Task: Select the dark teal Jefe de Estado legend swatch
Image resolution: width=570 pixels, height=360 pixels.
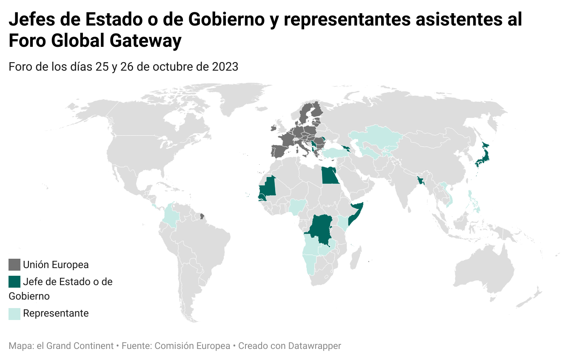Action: [x=15, y=282]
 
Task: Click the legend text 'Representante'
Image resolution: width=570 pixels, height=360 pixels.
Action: [x=56, y=314]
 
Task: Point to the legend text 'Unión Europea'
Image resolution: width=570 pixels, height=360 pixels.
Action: [x=56, y=265]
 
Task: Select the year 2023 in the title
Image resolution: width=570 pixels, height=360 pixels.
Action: [x=225, y=67]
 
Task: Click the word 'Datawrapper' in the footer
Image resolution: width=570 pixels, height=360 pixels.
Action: [x=314, y=346]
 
